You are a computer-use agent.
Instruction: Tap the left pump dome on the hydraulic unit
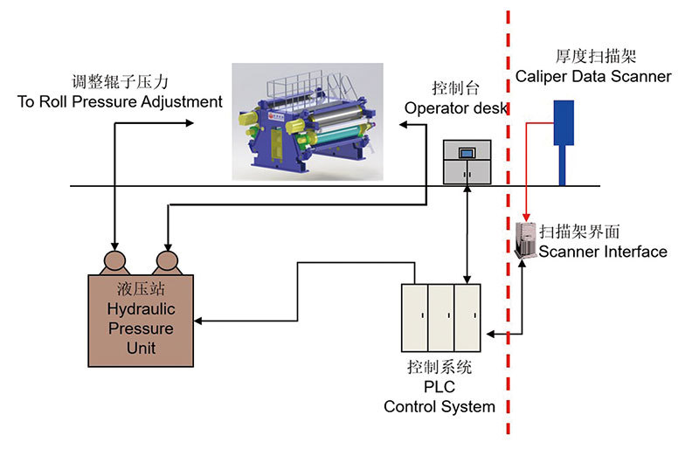(114, 262)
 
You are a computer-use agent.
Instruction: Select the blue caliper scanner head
(563, 123)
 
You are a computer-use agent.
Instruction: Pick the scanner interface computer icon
(526, 238)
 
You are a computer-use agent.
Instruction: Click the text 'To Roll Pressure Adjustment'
(120, 102)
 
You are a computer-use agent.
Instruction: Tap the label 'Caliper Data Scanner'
(593, 76)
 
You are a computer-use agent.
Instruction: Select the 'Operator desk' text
(456, 107)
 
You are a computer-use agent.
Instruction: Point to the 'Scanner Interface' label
(603, 252)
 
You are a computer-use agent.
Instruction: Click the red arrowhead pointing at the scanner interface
(526, 218)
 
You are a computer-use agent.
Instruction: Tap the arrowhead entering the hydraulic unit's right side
(199, 321)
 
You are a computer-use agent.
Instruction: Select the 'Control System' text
(439, 406)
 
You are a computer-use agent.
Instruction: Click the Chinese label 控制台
(454, 89)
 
